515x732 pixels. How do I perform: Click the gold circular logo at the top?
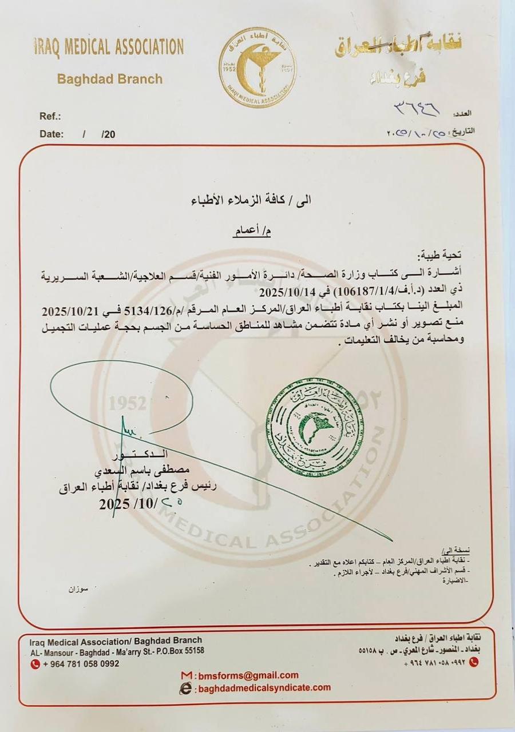click(x=257, y=67)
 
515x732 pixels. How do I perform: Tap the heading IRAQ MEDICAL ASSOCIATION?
click(x=108, y=47)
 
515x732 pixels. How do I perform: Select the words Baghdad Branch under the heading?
click(x=110, y=79)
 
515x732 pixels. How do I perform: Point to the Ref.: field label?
click(x=50, y=116)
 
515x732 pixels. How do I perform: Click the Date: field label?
click(x=52, y=134)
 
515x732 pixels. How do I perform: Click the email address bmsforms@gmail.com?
click(x=248, y=675)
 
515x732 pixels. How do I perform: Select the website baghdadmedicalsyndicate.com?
click(x=264, y=688)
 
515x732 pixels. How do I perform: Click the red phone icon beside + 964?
click(x=35, y=664)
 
